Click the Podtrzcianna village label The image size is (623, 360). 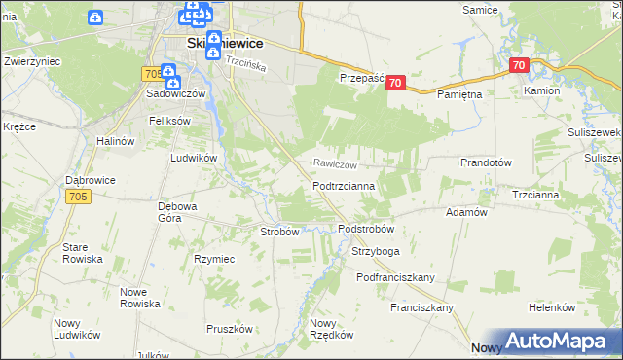click(x=351, y=185)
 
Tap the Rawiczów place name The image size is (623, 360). click(x=338, y=164)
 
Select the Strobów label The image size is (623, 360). click(x=279, y=232)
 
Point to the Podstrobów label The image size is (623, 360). click(x=365, y=229)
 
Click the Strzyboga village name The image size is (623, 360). click(x=376, y=251)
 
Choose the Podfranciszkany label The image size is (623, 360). click(x=395, y=277)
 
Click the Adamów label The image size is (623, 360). click(x=465, y=211)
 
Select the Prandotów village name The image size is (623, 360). click(x=486, y=163)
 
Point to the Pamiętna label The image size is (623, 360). click(x=459, y=94)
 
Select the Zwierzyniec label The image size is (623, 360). click(x=33, y=60)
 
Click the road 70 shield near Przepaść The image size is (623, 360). click(x=394, y=84)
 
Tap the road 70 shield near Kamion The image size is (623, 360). click(x=518, y=66)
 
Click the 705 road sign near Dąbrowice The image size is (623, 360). click(x=81, y=197)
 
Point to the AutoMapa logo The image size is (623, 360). click(x=553, y=342)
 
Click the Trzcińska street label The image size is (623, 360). click(x=246, y=60)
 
